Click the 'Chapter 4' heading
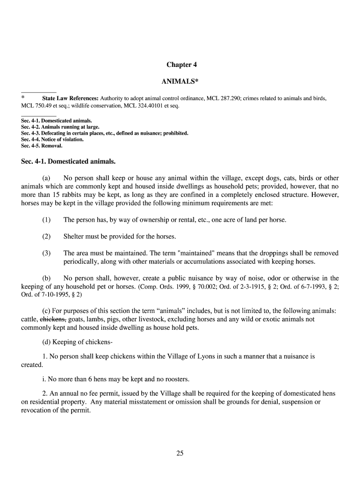(x=180, y=65)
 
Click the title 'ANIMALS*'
(x=180, y=82)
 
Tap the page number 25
(x=180, y=453)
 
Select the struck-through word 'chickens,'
(x=53, y=319)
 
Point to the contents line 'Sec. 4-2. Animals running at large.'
(x=60, y=127)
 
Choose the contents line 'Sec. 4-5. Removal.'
(x=42, y=145)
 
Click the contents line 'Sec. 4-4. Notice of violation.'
(x=52, y=139)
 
